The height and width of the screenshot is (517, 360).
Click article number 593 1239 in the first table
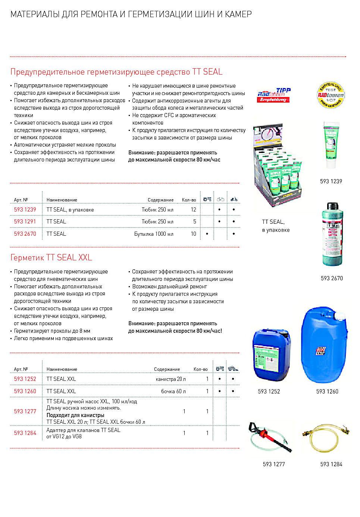(25, 210)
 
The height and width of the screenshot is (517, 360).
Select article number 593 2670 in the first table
(25, 234)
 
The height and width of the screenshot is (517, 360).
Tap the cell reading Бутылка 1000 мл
(154, 234)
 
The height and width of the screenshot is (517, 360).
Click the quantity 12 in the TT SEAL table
(193, 210)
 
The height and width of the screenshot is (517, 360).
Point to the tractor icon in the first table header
(207, 199)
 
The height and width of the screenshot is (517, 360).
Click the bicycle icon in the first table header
(220, 199)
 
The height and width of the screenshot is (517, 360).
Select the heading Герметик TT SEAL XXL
(51, 258)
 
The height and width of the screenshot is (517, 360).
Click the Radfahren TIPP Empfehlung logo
(274, 95)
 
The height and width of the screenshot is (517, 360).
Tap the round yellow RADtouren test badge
(331, 95)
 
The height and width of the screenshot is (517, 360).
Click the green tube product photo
(331, 145)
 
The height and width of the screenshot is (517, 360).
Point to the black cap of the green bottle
(332, 206)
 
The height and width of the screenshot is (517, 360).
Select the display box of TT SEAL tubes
(277, 164)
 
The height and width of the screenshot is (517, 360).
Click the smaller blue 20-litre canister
(271, 354)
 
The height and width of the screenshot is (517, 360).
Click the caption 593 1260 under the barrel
(327, 392)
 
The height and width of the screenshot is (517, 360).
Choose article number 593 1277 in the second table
(25, 411)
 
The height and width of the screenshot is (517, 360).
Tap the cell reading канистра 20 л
(170, 379)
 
